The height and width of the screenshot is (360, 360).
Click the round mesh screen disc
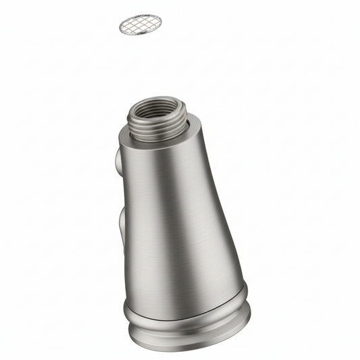[142, 24]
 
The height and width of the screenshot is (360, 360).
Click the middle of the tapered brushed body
[182, 216]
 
